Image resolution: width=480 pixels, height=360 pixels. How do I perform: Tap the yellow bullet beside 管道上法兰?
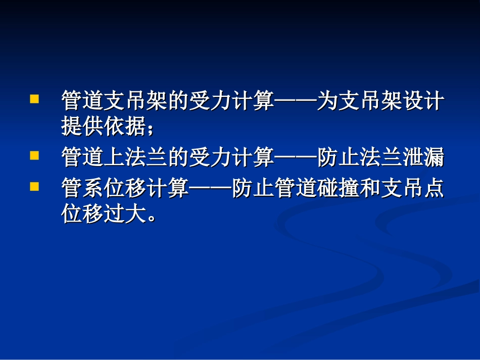click(x=34, y=156)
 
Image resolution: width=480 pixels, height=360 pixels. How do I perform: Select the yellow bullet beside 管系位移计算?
click(x=34, y=187)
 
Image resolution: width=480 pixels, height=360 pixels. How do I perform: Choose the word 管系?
click(x=82, y=190)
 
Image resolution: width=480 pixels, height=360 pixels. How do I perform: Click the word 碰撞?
click(x=339, y=190)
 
